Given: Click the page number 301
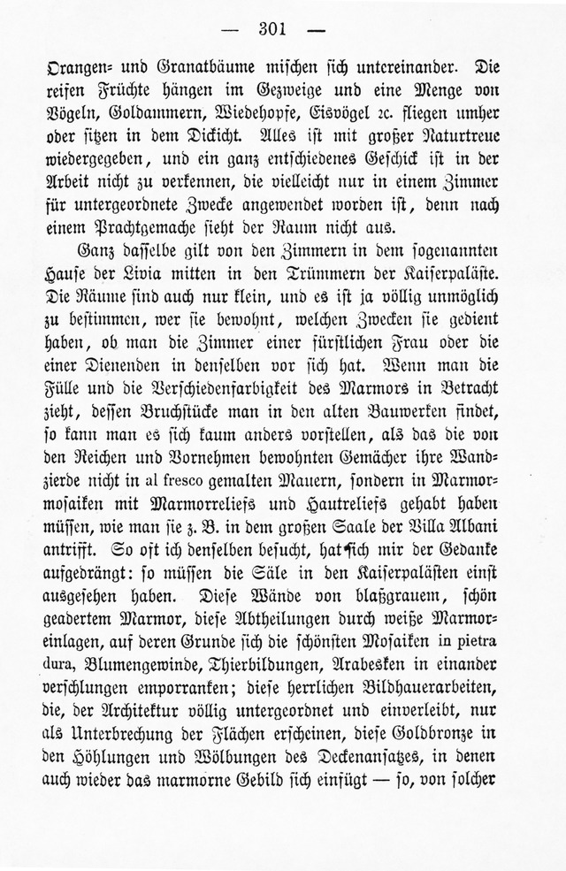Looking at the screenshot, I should pyautogui.click(x=267, y=27).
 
